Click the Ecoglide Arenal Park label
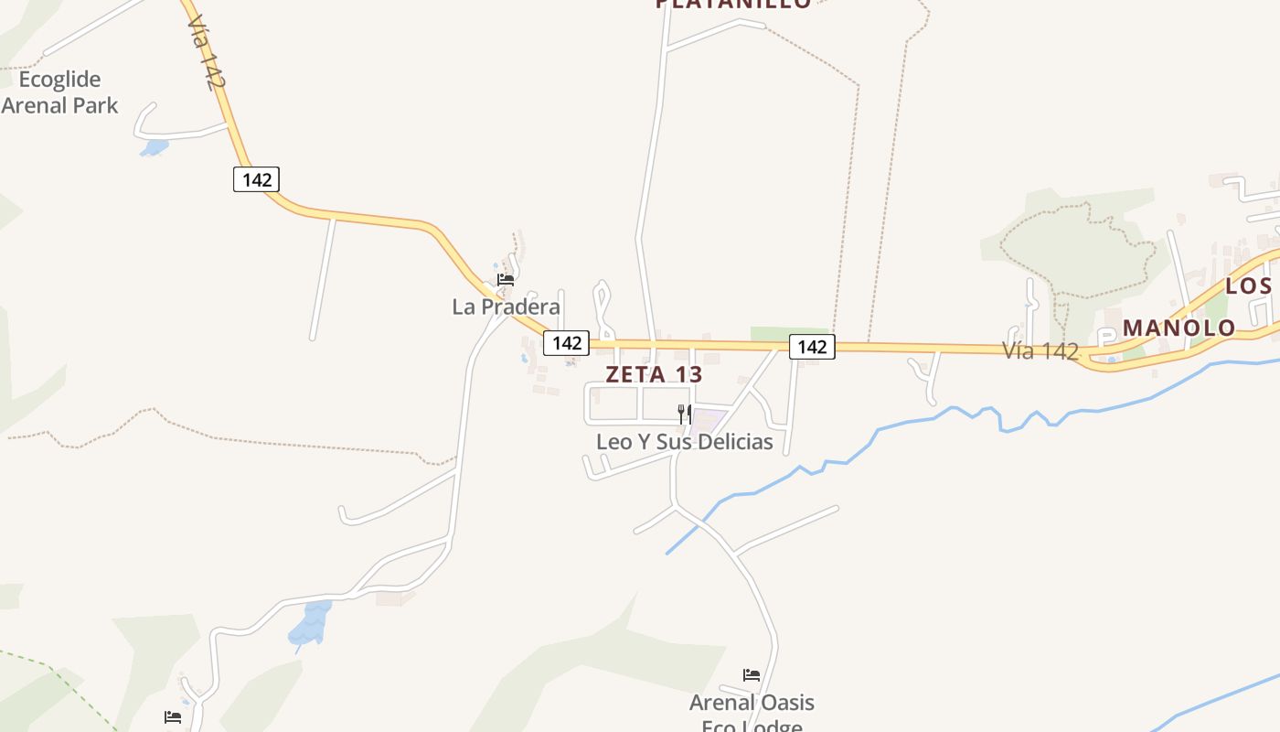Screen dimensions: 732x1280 [59, 92]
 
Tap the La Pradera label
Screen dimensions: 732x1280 [506, 307]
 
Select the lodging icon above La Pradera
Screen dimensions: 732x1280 [506, 280]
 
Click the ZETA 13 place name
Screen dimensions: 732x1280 [654, 374]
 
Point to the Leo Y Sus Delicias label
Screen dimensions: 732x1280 [684, 442]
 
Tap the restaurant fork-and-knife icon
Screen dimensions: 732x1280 [684, 414]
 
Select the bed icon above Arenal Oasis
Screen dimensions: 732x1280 [752, 676]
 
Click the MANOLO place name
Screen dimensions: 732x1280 [1179, 328]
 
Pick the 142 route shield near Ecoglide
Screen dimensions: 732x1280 [256, 179]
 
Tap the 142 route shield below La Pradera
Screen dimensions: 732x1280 [567, 343]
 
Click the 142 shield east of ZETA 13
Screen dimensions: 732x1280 [812, 347]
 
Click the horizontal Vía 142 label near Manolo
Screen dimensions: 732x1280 [1040, 350]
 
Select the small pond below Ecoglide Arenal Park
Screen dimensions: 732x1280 [155, 146]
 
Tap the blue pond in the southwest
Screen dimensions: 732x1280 [310, 624]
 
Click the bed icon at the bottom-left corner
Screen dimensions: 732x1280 [172, 717]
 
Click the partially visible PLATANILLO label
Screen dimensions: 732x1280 [733, 4]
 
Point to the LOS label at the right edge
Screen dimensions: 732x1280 [1248, 286]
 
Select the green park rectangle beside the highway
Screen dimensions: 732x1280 [788, 333]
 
